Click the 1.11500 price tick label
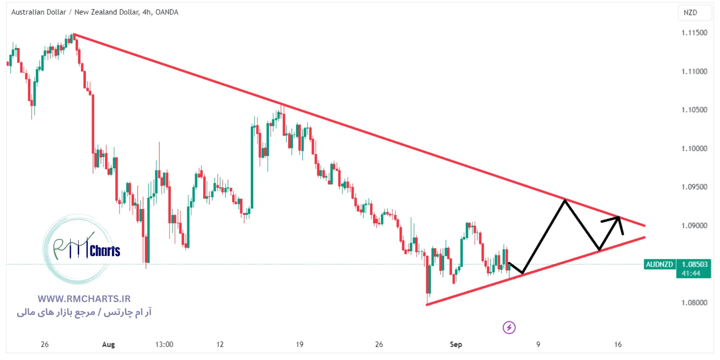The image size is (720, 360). point(694,33)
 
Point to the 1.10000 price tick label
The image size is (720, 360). point(694,148)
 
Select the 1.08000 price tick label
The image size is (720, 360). point(694,302)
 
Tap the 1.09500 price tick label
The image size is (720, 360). point(694,187)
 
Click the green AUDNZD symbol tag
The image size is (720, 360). point(659,264)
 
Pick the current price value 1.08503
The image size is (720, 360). point(694,264)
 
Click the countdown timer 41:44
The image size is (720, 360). point(690,273)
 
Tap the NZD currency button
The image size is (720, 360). point(690,13)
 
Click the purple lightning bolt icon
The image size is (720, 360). point(509,328)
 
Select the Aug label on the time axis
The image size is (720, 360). point(108,345)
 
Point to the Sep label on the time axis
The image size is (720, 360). point(456,345)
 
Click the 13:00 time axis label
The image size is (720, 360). point(164,345)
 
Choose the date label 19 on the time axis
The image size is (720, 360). point(300,345)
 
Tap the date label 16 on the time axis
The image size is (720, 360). point(618,345)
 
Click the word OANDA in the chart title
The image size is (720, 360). point(167,12)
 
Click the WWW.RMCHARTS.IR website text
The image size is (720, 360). point(84,299)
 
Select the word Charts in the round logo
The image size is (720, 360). point(105,251)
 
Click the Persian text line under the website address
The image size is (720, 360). point(84,312)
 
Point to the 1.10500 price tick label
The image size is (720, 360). point(694,110)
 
